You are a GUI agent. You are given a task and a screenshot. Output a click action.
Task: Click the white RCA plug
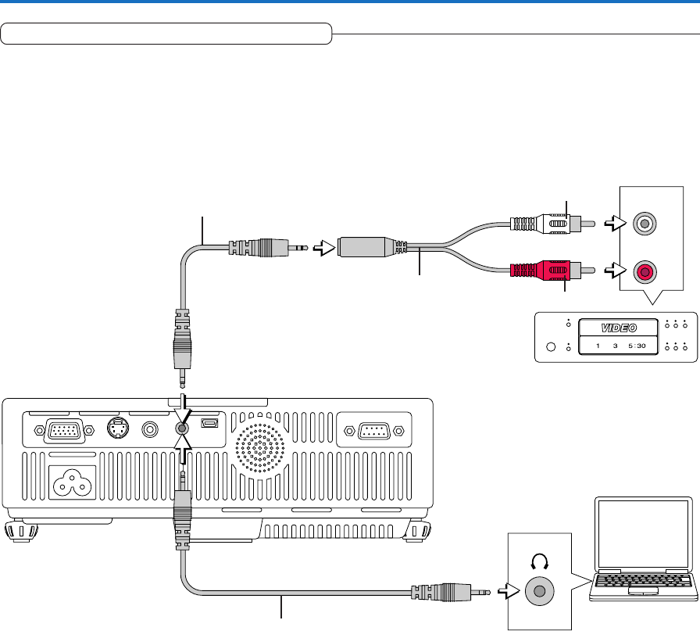(539, 223)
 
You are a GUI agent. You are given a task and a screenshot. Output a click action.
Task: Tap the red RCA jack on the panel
(645, 272)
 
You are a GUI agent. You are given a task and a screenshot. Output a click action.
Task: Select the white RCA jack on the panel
(645, 224)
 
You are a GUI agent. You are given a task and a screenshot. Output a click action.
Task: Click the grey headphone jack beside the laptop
(537, 591)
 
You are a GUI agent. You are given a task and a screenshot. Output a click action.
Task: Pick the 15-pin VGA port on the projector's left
(62, 429)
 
